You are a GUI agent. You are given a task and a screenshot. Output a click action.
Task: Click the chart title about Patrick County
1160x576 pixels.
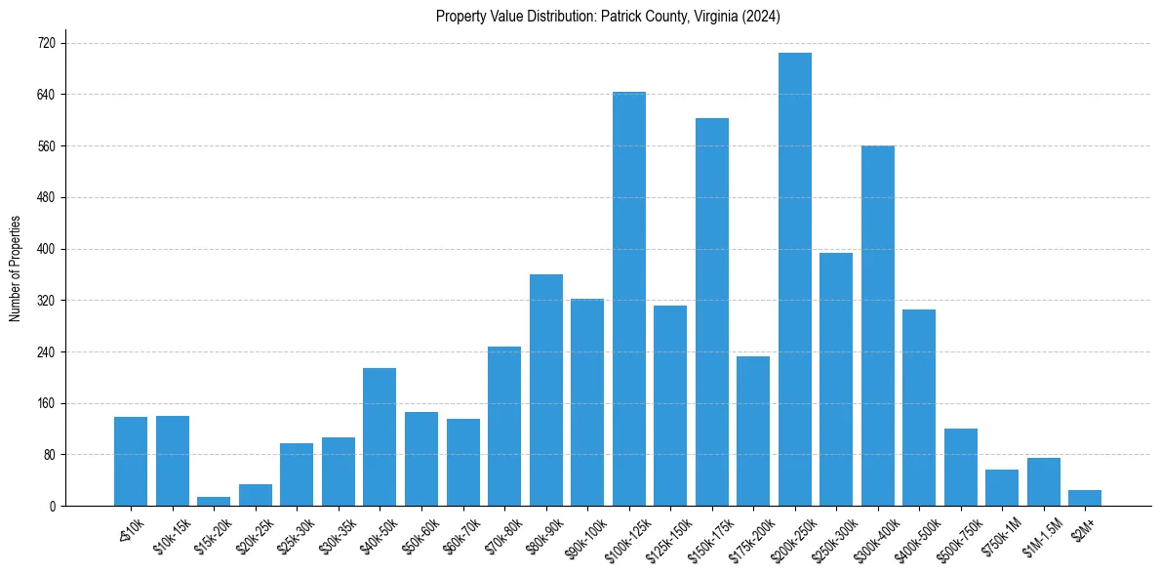pyautogui.click(x=608, y=16)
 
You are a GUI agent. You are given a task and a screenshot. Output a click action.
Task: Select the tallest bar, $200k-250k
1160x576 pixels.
pyautogui.click(x=794, y=279)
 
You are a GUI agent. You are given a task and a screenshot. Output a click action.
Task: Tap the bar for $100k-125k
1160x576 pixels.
pyautogui.click(x=628, y=299)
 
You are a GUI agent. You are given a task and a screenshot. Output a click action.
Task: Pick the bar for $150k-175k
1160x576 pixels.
pyautogui.click(x=711, y=312)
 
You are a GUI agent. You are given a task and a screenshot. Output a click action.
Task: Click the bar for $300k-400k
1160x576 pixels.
pyautogui.click(x=877, y=326)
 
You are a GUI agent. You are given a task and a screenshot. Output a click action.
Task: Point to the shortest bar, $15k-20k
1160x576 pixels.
pyautogui.click(x=214, y=502)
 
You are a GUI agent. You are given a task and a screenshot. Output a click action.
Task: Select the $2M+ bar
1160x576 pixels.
pyautogui.click(x=1084, y=498)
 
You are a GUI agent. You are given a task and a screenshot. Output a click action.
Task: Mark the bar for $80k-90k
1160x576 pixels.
pyautogui.click(x=545, y=391)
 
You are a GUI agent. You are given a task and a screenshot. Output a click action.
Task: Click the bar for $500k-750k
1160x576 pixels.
pyautogui.click(x=960, y=468)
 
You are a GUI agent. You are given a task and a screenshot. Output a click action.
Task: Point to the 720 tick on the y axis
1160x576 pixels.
pyautogui.click(x=45, y=44)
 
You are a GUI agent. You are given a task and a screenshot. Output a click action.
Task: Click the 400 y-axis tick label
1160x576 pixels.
pyautogui.click(x=45, y=249)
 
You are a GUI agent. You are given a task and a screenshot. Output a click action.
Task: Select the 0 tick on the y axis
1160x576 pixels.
pyautogui.click(x=52, y=507)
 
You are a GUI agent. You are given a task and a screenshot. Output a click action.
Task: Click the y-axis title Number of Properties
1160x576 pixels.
pyautogui.click(x=15, y=269)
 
